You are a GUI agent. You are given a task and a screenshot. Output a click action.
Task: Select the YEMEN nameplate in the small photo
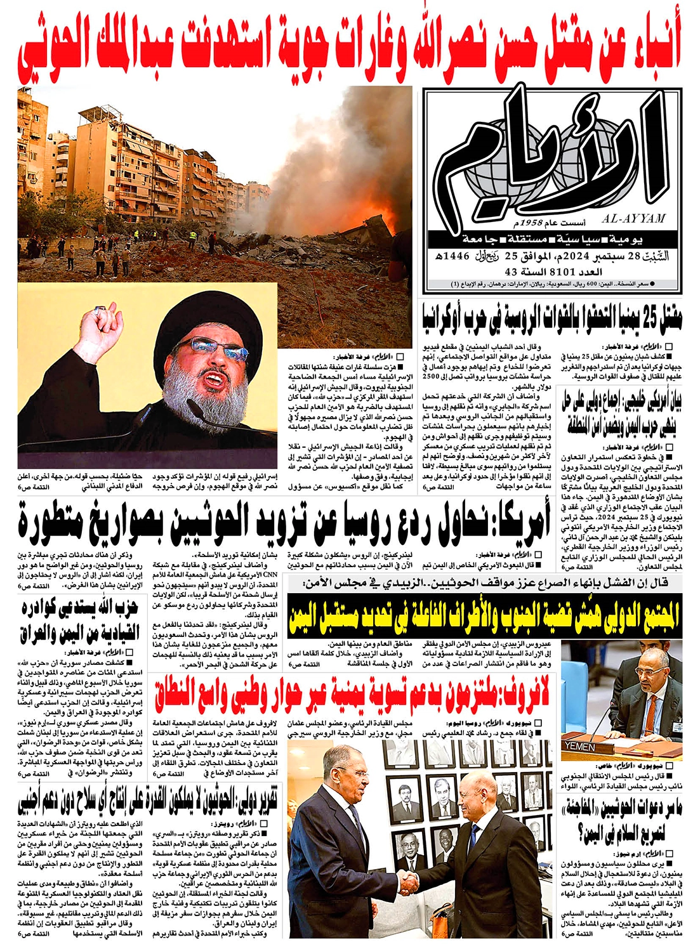579,747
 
